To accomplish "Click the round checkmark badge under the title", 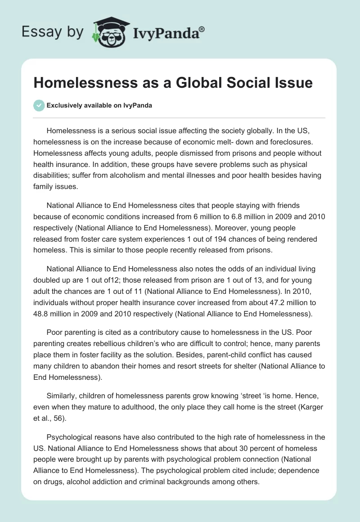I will (x=39, y=105).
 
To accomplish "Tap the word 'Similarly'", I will (x=63, y=397).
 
